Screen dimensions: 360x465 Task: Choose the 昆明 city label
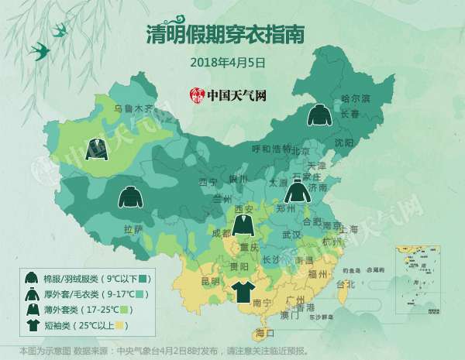(x=211, y=279)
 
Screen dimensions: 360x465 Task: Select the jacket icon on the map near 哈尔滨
(x=318, y=115)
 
